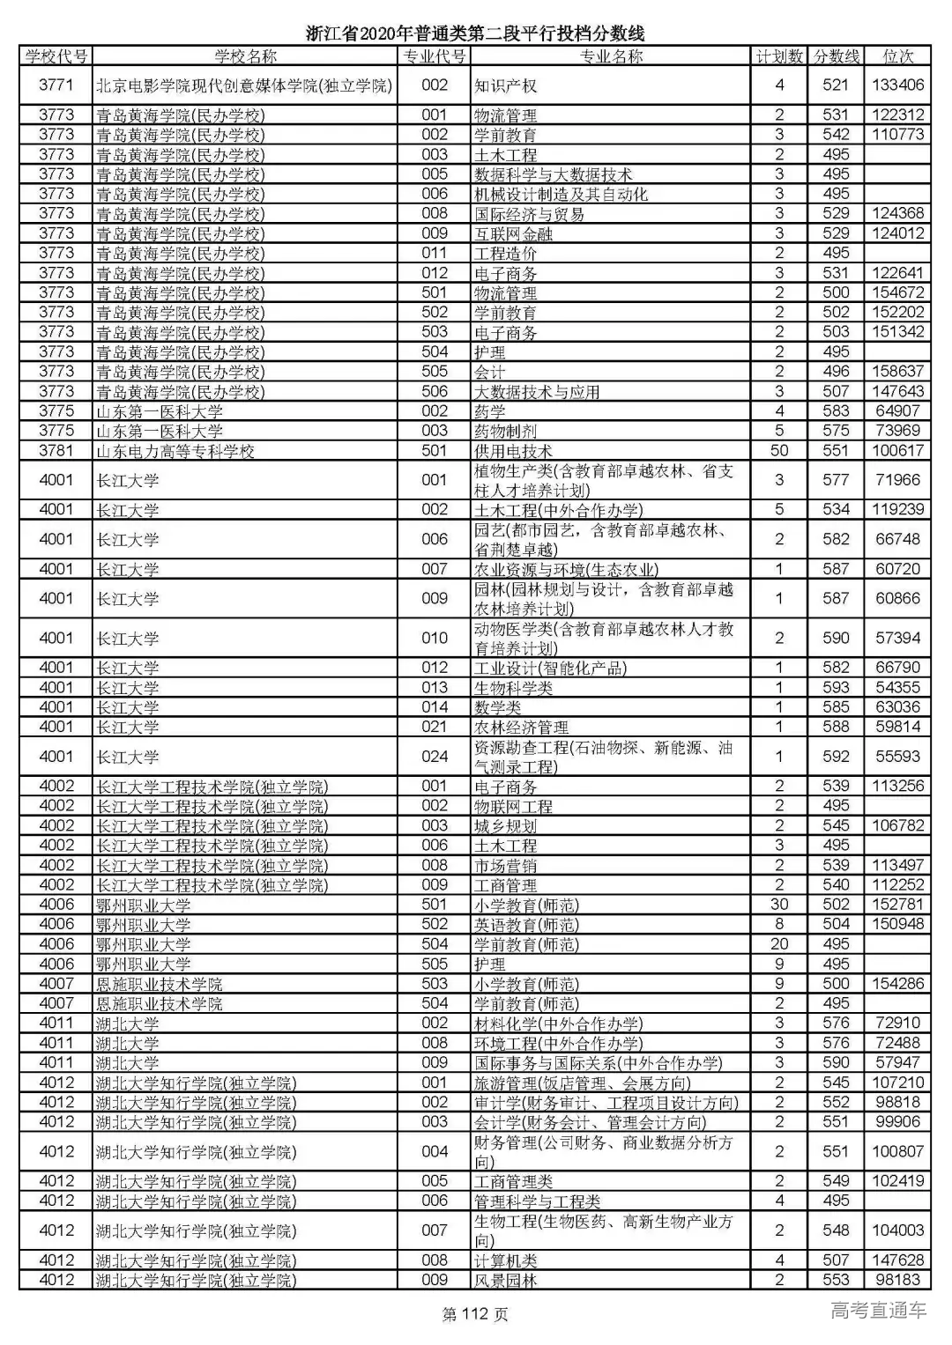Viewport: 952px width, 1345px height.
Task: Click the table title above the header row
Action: click(475, 33)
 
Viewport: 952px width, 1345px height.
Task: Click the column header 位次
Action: click(897, 56)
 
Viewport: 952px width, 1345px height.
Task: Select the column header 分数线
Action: click(836, 56)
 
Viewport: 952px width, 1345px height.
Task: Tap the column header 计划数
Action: click(779, 56)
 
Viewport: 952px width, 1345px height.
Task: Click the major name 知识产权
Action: click(505, 85)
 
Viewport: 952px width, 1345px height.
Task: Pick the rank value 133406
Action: click(897, 85)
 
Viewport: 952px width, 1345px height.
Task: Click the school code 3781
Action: click(56, 450)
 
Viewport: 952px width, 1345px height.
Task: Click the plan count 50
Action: click(779, 450)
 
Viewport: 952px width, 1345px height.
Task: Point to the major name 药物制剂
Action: click(505, 431)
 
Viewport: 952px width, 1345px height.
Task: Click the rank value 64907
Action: click(897, 410)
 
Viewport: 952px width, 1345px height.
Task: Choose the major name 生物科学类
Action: click(513, 688)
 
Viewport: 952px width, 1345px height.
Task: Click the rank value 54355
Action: click(897, 687)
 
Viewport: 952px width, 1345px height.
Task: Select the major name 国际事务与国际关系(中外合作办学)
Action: click(598, 1063)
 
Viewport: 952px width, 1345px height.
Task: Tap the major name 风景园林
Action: click(505, 1281)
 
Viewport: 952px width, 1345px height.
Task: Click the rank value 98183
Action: click(897, 1280)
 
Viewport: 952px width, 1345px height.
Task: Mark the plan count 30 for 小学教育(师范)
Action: click(779, 905)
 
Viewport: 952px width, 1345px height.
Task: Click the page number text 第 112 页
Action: click(475, 1315)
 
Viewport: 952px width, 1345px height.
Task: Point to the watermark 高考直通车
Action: click(878, 1311)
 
